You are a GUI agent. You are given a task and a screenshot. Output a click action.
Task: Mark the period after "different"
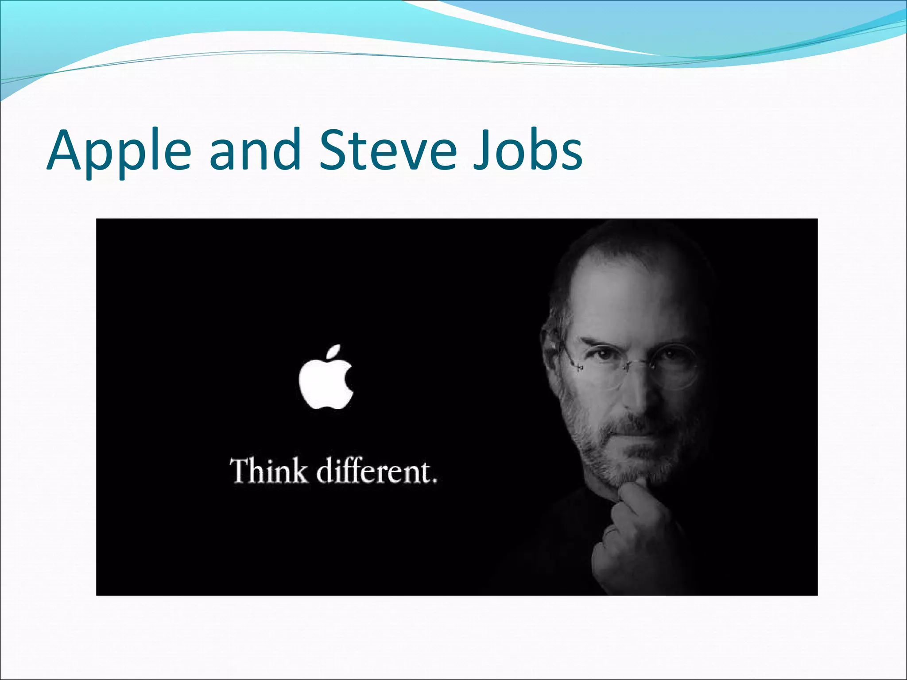click(x=434, y=480)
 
